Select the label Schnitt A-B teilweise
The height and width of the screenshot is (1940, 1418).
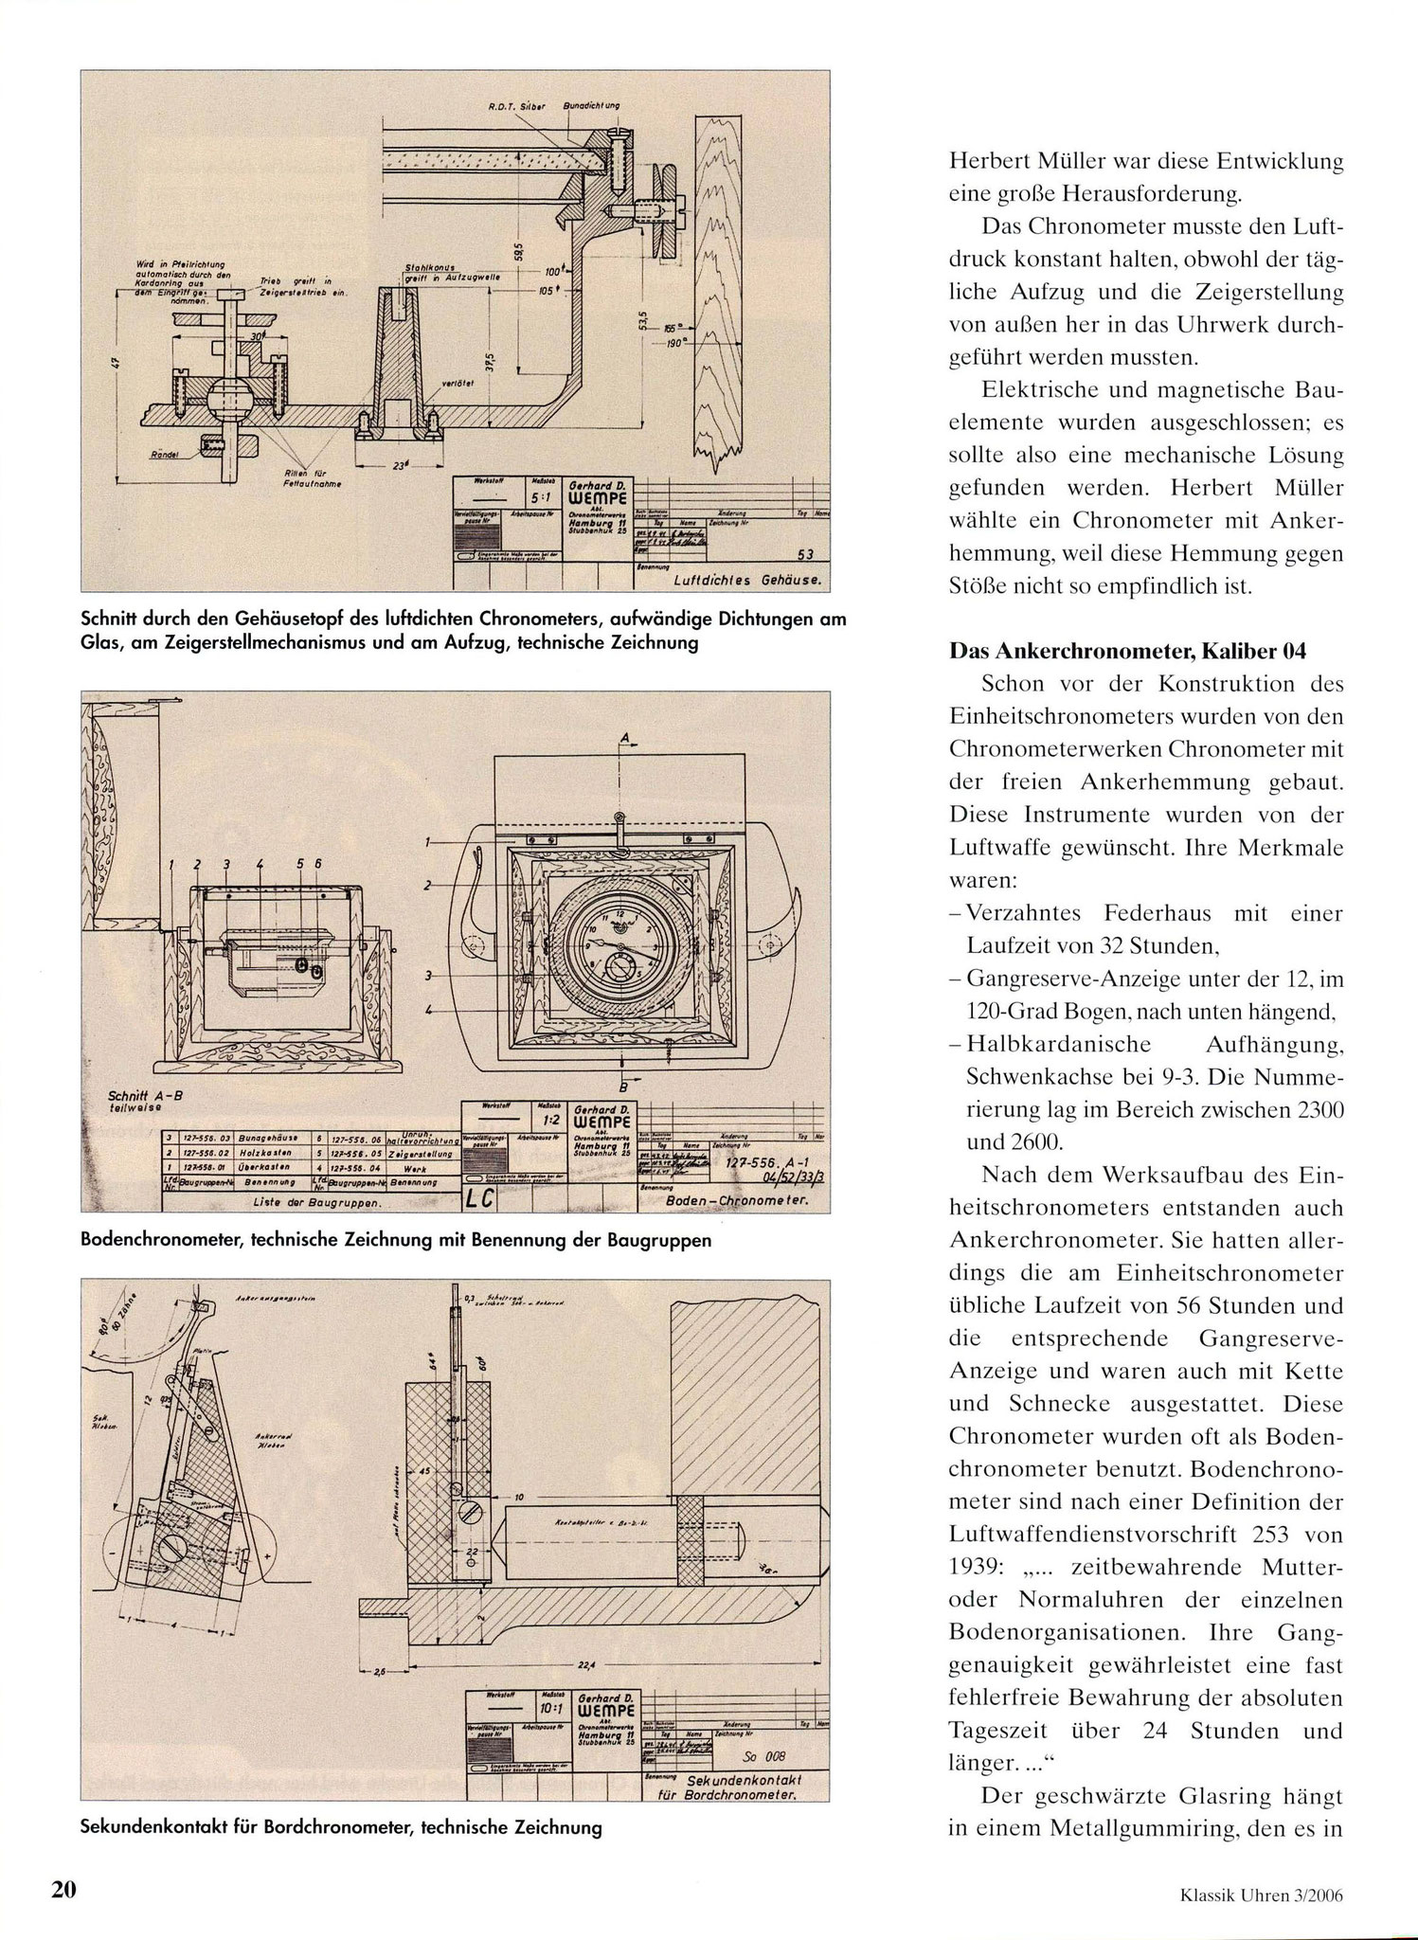tap(141, 1101)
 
